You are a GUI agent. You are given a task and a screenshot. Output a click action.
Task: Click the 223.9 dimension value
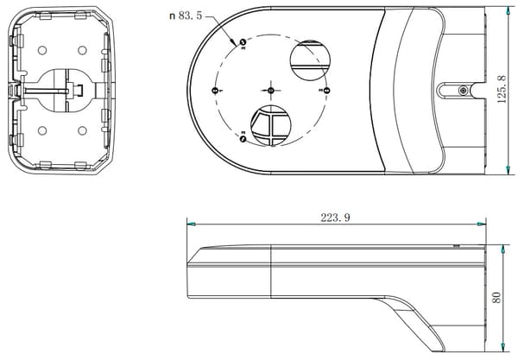point(335,218)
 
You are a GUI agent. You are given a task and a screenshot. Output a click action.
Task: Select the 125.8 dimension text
point(502,89)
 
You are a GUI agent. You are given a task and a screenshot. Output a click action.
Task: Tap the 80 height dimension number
point(496,298)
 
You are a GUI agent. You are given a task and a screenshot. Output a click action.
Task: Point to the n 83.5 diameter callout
point(186,16)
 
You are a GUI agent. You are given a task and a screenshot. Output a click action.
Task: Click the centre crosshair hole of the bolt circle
point(271,90)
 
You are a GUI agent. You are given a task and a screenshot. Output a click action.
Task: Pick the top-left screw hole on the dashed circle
point(243,42)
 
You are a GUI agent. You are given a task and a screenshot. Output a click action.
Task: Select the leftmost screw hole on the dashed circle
point(215,90)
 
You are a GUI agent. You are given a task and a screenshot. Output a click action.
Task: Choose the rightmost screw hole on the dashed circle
point(326,90)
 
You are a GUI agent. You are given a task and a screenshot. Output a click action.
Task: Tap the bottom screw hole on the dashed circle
point(243,138)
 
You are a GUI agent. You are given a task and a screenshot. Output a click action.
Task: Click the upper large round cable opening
point(310,60)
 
